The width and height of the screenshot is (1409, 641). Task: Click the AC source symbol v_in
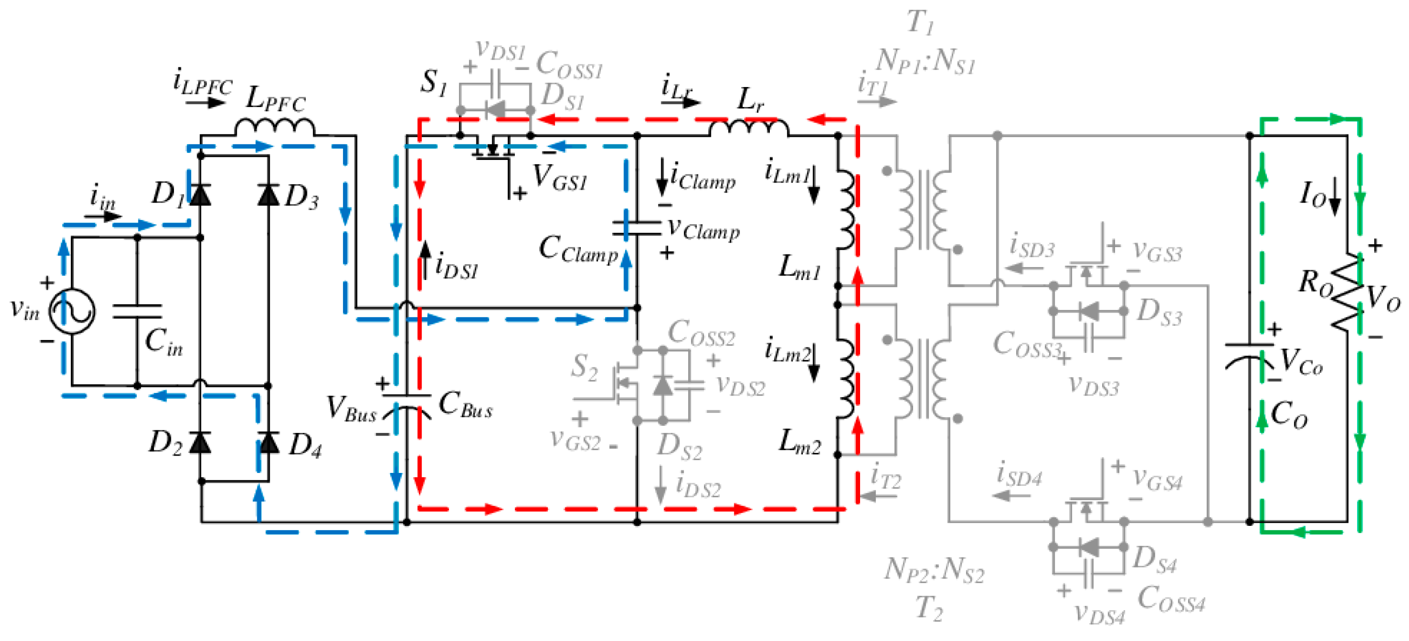point(72,311)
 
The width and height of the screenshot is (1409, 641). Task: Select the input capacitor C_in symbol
point(137,311)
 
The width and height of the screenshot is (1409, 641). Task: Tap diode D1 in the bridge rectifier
point(200,195)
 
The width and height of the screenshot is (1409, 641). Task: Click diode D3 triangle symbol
point(268,195)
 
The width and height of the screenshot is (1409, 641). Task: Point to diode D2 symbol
point(200,442)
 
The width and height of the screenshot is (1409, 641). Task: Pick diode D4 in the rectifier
point(268,442)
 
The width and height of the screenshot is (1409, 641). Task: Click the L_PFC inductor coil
point(275,128)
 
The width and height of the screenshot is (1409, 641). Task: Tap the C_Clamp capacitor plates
point(636,228)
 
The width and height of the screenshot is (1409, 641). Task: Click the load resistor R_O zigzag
point(1347,291)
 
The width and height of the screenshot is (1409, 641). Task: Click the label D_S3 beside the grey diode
point(1159,312)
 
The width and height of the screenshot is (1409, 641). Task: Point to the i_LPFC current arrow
point(205,102)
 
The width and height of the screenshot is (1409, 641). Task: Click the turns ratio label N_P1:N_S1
point(925,60)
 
